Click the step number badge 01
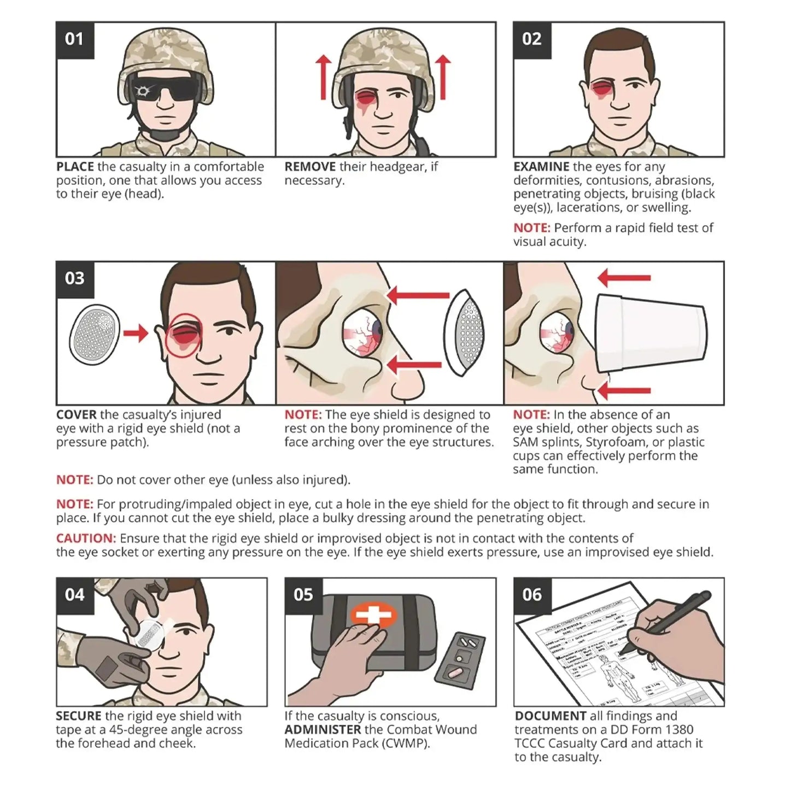74,39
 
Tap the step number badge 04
74,595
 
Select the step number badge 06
532,595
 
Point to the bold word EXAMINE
541,167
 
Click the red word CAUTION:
86,539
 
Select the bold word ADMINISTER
323,730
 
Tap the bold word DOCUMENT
551,716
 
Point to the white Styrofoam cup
651,333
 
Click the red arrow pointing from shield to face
135,332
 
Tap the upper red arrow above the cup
623,278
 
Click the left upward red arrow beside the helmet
323,77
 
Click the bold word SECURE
78,716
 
